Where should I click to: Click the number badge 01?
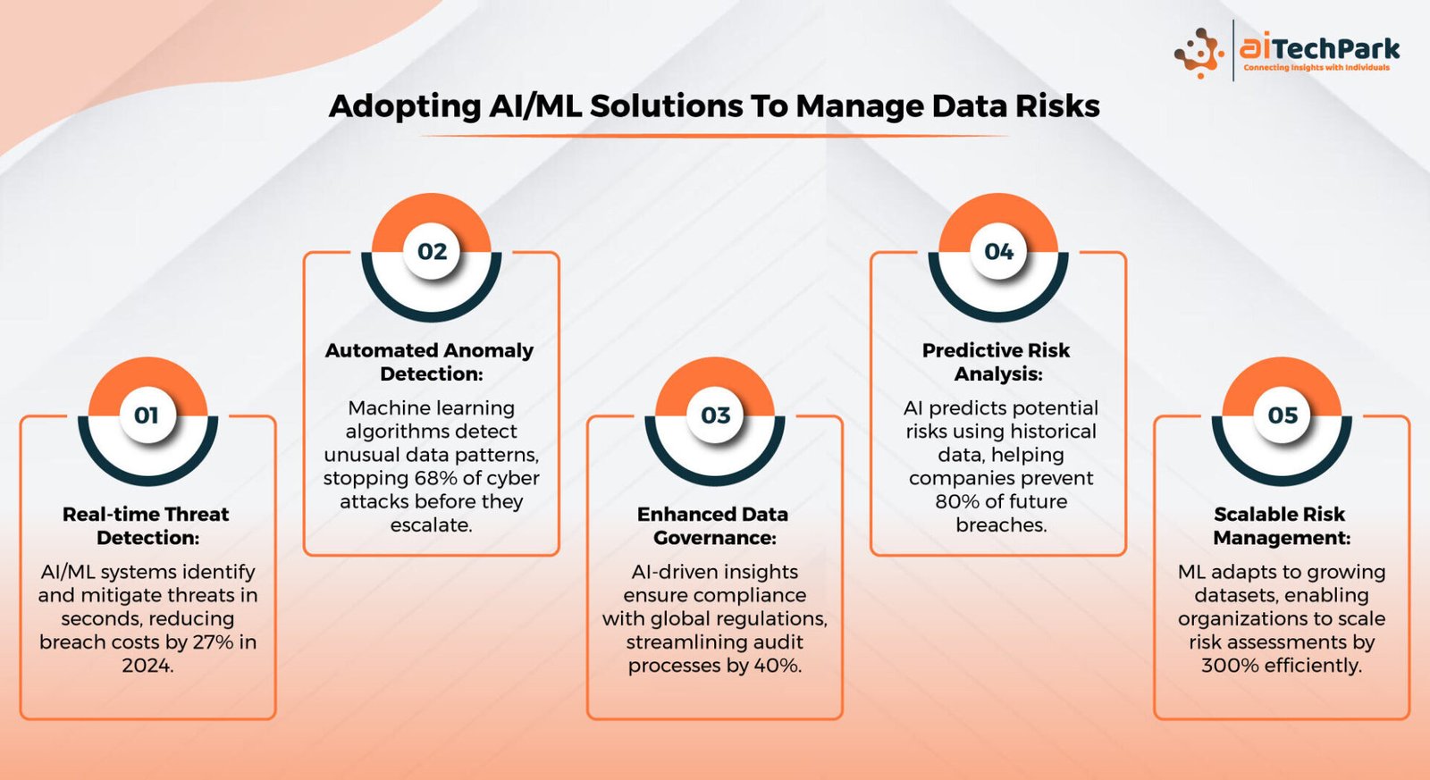click(147, 415)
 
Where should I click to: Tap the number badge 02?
click(432, 251)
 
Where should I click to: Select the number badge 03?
click(715, 415)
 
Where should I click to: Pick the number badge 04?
click(998, 251)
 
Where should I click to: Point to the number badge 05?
click(1282, 415)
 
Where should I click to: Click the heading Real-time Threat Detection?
click(147, 526)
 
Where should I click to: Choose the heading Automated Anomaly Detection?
click(430, 362)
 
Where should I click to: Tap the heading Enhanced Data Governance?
click(713, 526)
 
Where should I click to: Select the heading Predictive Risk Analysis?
click(997, 362)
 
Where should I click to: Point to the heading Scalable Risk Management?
click(1281, 526)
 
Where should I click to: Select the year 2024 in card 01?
click(147, 665)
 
